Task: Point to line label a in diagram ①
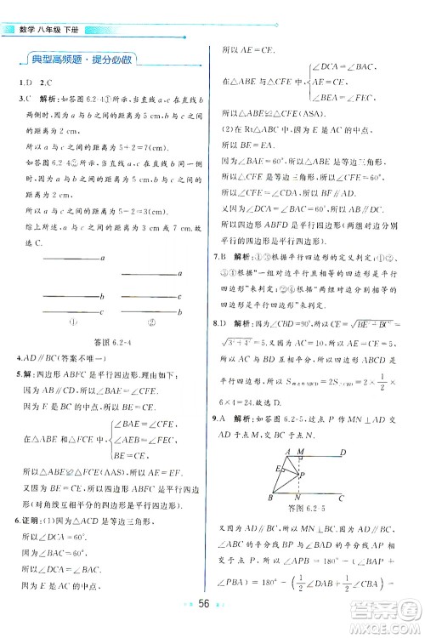pyautogui.click(x=102, y=257)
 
